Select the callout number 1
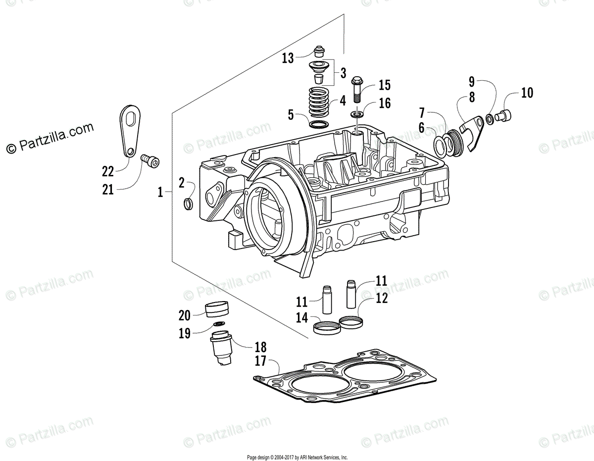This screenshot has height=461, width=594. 160,192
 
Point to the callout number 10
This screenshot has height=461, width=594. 527,93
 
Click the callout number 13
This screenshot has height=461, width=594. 288,58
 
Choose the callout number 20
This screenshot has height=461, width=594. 184,315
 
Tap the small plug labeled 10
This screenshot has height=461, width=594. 504,116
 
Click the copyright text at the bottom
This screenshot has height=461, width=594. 297,457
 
